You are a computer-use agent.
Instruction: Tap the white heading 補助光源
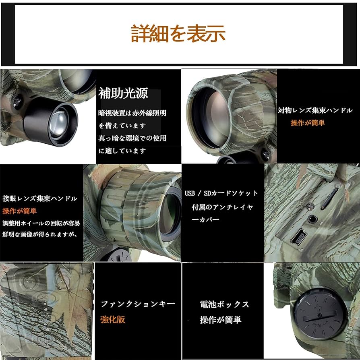[x=123, y=93]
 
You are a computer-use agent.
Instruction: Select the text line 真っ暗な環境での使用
[x=132, y=138]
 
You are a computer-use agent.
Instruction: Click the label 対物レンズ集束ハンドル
[x=315, y=110]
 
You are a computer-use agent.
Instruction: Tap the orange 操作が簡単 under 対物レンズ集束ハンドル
[x=308, y=123]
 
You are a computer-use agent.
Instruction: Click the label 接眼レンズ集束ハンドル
[x=39, y=199]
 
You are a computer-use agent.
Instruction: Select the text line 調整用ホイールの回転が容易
[x=41, y=223]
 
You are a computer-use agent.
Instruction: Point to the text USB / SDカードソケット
[x=221, y=193]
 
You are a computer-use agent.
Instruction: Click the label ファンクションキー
[x=138, y=304]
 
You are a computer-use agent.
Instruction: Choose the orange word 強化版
[x=113, y=319]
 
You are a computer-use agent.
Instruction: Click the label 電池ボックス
[x=224, y=304]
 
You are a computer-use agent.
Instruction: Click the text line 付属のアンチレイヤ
[x=222, y=207]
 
